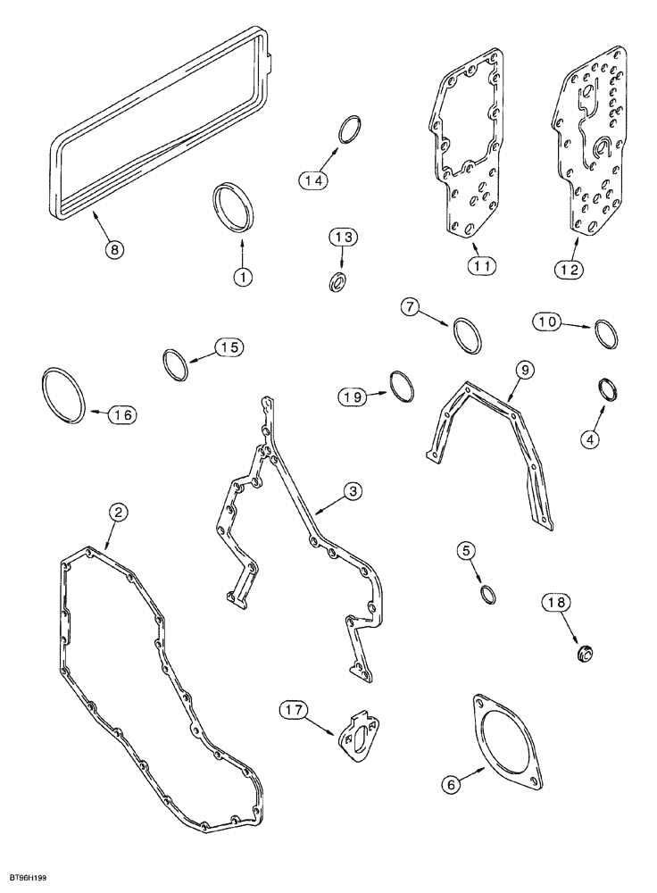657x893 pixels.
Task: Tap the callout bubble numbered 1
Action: tap(240, 278)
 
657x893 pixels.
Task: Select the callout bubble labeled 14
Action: tap(311, 179)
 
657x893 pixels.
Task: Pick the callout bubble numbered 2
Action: tap(118, 512)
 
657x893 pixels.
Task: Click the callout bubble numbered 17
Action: tap(295, 711)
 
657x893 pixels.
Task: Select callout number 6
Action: tap(452, 784)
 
